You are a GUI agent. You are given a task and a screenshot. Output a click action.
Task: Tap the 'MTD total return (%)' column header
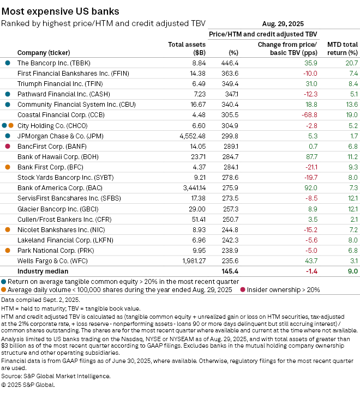point(342,48)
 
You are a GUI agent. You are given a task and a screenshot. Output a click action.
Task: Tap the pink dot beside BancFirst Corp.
point(8,146)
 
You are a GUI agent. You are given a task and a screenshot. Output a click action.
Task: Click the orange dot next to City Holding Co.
point(11,125)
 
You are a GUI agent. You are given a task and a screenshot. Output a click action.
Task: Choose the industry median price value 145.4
point(230,271)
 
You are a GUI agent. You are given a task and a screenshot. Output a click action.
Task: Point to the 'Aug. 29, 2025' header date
point(283,24)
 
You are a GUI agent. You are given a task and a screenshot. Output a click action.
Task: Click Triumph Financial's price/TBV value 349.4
point(230,84)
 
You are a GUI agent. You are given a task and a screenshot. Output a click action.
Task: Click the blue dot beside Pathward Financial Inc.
point(8,94)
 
